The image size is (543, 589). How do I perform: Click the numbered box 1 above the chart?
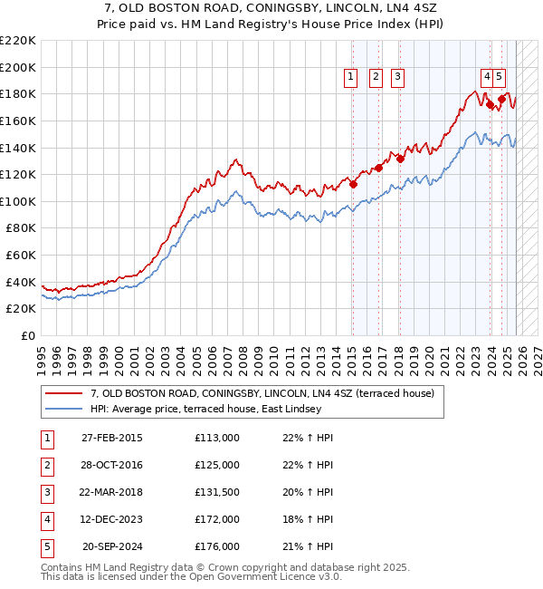click(351, 78)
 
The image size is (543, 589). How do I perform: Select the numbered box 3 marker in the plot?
click(397, 78)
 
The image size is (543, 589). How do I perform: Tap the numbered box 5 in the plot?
click(500, 78)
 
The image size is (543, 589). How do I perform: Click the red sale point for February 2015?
click(353, 184)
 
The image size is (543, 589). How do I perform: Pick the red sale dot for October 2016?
click(379, 168)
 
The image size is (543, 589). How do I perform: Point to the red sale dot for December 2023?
click(491, 105)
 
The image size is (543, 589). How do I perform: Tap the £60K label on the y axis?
click(21, 256)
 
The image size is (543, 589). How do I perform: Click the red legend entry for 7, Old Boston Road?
click(262, 393)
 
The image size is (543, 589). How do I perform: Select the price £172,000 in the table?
click(217, 520)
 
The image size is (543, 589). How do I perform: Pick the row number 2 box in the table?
click(47, 466)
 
